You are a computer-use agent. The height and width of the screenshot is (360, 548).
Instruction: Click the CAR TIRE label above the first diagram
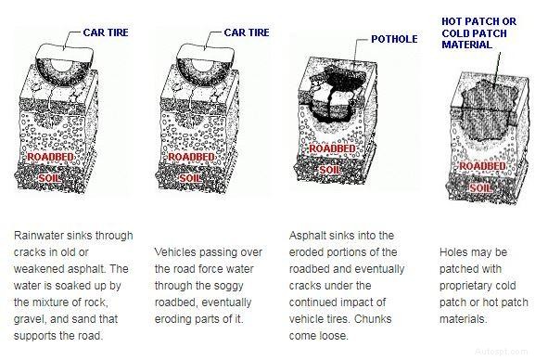tap(104, 33)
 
